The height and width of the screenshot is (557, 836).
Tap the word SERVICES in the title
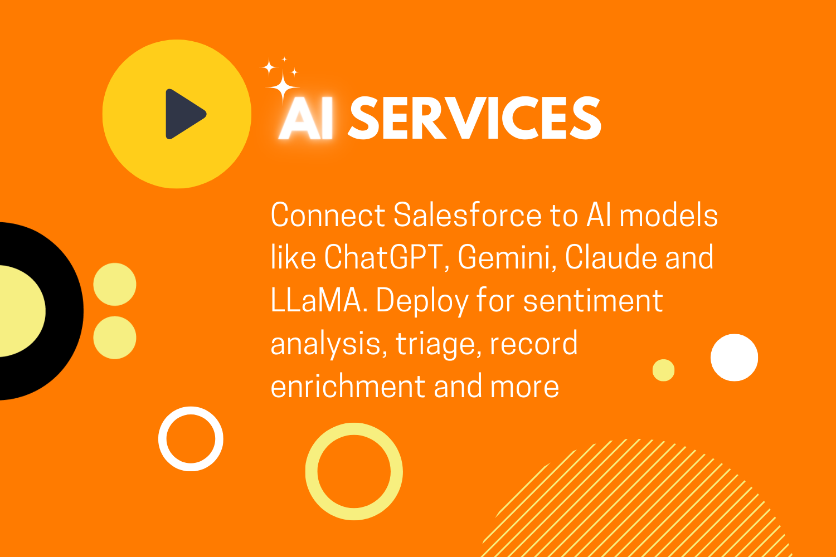pos(474,118)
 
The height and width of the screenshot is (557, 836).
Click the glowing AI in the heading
pos(306,118)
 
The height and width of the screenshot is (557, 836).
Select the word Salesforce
pos(467,215)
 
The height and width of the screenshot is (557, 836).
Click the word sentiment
pos(592,301)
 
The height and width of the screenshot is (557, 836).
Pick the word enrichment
pos(348,386)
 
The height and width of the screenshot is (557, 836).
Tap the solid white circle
pos(734,358)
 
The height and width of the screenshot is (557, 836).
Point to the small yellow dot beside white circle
pos(663,370)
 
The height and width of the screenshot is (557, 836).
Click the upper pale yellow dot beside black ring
pos(115,284)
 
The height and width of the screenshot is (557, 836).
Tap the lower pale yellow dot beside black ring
pos(115,338)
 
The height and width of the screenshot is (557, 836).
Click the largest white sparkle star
pos(283,87)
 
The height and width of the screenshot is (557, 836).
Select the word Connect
pos(328,215)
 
